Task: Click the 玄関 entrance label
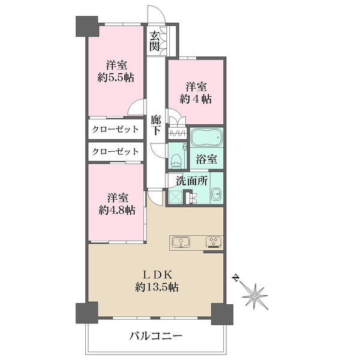point(154,41)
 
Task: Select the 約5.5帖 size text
point(116,78)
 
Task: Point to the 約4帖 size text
point(196,99)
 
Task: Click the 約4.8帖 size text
point(117,210)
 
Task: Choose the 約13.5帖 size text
point(157,287)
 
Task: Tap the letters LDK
point(157,274)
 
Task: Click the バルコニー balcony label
point(155,337)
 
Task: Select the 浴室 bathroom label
point(206,159)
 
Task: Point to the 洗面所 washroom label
point(192,181)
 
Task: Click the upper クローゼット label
point(115,129)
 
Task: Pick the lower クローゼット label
point(115,152)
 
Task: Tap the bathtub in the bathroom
point(206,137)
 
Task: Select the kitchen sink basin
point(181,243)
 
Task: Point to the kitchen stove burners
point(214,242)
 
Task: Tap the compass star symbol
point(255,296)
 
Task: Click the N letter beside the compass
point(236,278)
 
